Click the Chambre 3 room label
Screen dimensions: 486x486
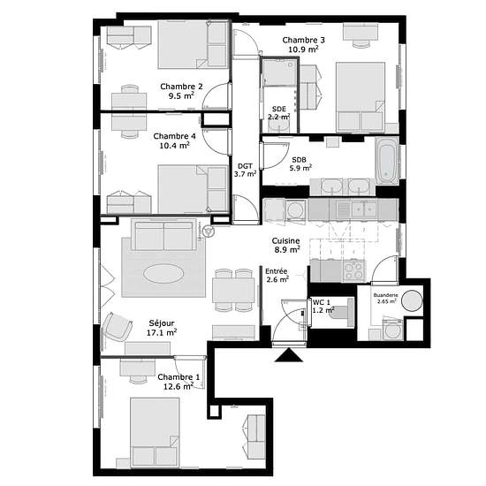[x=303, y=40]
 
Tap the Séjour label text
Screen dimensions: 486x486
[x=162, y=323]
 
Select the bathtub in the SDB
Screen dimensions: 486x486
[x=386, y=160]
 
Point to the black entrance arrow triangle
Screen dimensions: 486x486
[x=289, y=355]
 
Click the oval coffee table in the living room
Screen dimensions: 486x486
[x=163, y=273]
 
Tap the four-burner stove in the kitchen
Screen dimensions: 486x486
[x=354, y=271]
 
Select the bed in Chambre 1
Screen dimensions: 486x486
[x=155, y=432]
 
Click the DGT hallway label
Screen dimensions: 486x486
[x=245, y=166]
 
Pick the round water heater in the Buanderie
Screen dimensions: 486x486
[x=412, y=300]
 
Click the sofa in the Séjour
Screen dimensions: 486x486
[x=164, y=235]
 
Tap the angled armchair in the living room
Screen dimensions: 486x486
[x=118, y=327]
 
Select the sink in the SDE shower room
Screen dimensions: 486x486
[x=279, y=125]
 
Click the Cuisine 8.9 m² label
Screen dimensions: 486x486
[x=286, y=245]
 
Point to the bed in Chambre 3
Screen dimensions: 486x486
[x=361, y=97]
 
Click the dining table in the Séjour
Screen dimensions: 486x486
[x=233, y=290]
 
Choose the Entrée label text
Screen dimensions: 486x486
[x=277, y=271]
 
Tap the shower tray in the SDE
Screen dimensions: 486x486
[x=279, y=72]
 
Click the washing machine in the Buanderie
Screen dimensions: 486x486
[x=392, y=330]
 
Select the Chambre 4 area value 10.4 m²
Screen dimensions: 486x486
[x=174, y=145]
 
